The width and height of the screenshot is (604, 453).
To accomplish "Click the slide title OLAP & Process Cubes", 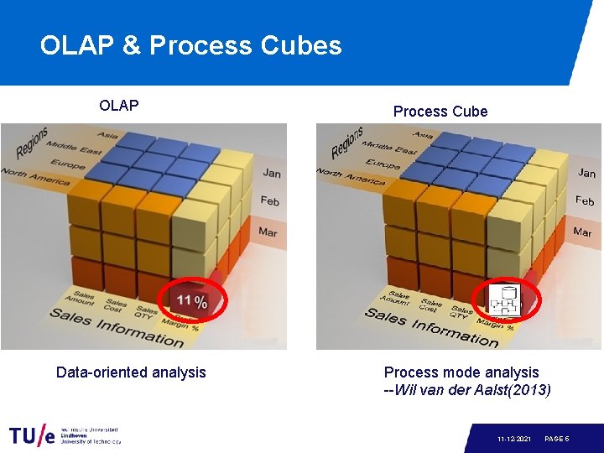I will (190, 44).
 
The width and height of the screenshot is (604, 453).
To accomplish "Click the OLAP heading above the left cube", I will (118, 106).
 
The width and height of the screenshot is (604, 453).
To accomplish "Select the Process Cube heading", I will (440, 112).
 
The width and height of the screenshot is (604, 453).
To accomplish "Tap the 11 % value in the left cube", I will (192, 301).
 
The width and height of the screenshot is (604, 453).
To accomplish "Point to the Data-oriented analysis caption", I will (130, 372).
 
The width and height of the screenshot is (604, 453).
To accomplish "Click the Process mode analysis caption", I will (461, 372).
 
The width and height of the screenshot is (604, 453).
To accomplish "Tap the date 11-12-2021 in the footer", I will (513, 439).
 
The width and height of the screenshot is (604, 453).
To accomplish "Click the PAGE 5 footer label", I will (557, 439).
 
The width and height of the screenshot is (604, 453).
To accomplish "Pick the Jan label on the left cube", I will (271, 173).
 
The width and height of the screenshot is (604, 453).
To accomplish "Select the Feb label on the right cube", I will (585, 201).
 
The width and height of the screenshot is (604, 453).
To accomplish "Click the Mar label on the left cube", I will (268, 232).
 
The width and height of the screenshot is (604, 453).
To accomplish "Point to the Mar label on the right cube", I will (582, 232).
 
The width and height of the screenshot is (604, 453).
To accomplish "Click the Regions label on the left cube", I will (31, 143).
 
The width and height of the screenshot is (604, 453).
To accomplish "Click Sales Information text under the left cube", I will (117, 327).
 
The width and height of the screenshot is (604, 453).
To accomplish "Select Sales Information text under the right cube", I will (431, 327).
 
